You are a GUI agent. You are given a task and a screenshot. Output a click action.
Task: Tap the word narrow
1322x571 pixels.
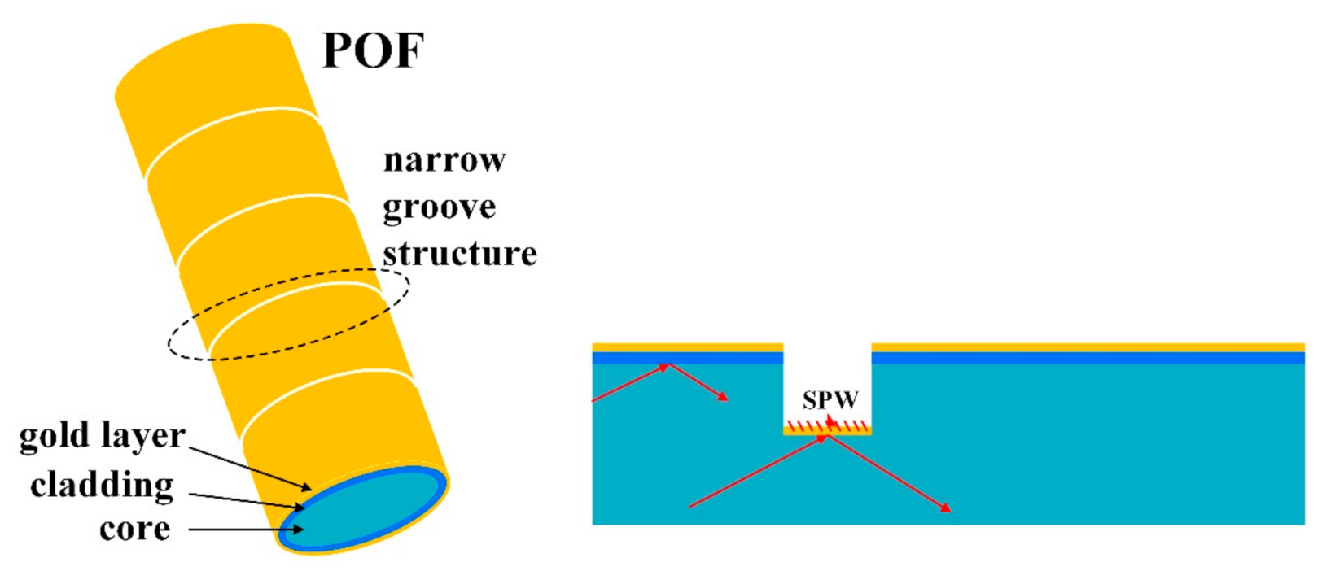pos(444,160)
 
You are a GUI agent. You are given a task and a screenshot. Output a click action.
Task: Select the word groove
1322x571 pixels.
pos(440,207)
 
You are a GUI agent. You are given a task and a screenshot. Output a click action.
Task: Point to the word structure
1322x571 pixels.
pos(460,254)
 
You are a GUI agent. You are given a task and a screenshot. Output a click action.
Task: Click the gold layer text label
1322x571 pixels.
pos(103,437)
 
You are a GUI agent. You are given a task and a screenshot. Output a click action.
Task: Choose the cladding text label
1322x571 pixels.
pos(103,486)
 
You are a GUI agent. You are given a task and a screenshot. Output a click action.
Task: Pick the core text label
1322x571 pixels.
pos(134,529)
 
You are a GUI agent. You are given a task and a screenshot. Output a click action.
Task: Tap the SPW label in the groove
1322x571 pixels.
pos(830,400)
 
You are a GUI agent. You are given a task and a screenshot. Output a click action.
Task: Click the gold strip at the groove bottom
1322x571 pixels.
pos(827,432)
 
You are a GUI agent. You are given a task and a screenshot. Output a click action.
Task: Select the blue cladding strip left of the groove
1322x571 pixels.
pos(687,358)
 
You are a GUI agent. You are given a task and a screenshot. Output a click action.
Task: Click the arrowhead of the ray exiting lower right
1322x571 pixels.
pos(945,508)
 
